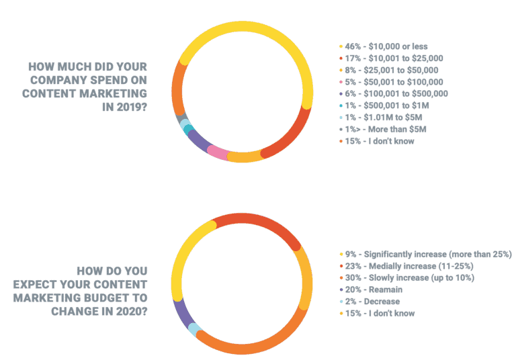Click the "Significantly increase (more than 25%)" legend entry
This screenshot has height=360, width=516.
[429, 254]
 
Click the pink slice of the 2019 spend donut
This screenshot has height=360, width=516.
[218, 152]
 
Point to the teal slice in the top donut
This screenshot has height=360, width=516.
[188, 130]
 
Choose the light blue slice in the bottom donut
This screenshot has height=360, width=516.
[193, 329]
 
